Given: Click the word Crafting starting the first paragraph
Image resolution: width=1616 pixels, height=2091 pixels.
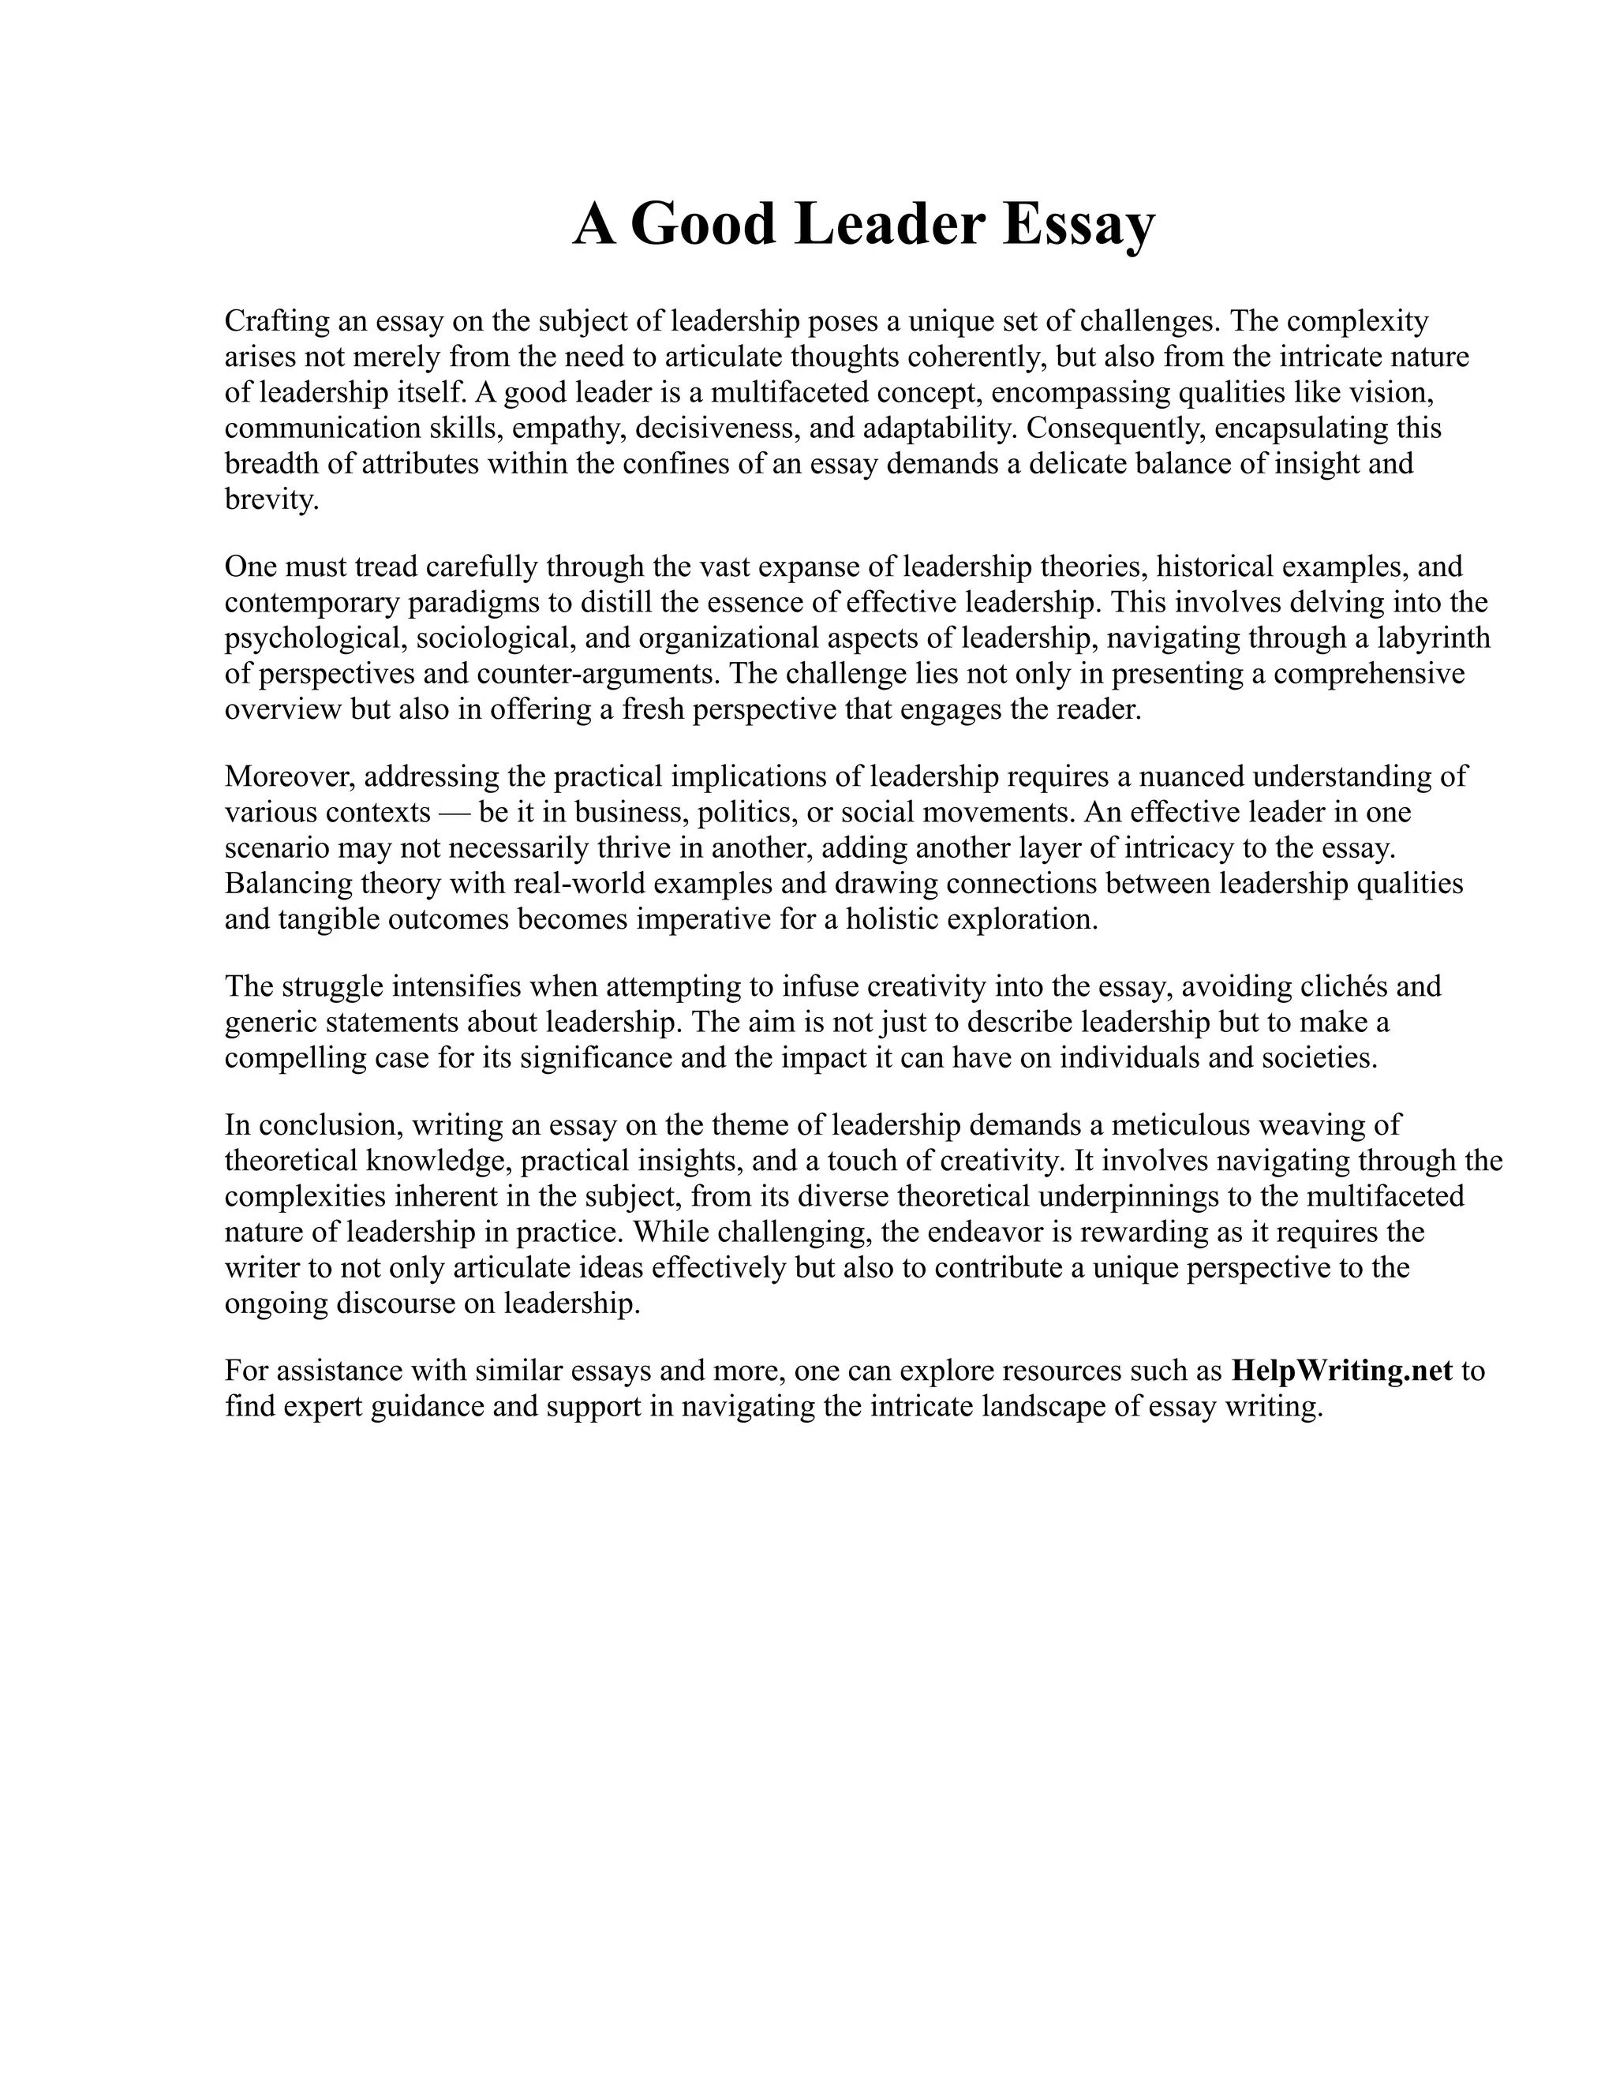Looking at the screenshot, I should tap(277, 320).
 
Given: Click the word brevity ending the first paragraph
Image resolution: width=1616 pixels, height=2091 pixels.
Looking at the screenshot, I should tap(269, 499).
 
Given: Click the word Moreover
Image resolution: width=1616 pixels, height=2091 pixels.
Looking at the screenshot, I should tap(289, 776).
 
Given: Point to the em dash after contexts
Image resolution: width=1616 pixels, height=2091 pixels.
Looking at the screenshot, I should tap(454, 813).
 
